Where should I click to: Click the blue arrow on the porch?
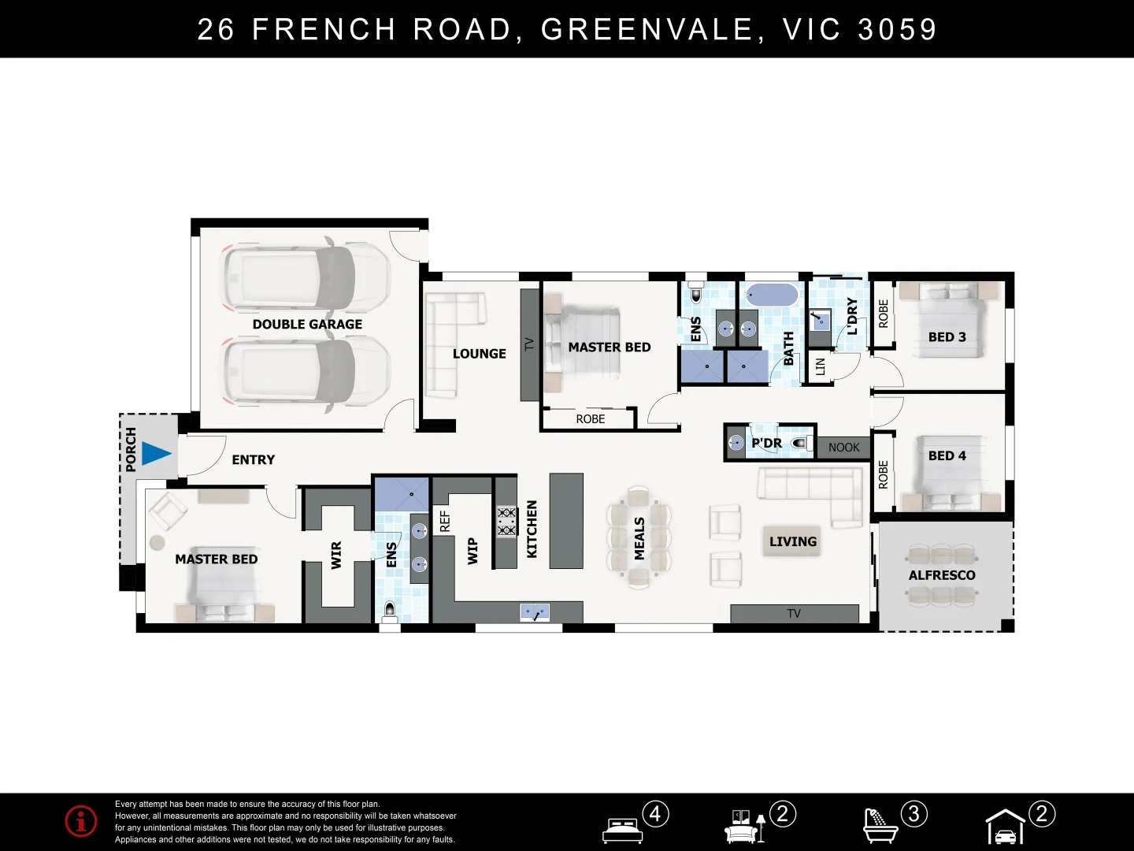(156, 454)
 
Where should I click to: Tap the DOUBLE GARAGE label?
(307, 324)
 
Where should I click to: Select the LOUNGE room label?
(479, 354)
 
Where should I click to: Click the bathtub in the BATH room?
(772, 295)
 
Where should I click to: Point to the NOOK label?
(843, 448)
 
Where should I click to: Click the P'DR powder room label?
(766, 443)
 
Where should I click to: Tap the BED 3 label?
(947, 337)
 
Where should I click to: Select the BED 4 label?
(947, 455)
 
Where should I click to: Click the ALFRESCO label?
(942, 575)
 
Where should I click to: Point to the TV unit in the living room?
(794, 614)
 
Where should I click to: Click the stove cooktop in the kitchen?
(506, 521)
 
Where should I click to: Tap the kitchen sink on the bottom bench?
(535, 612)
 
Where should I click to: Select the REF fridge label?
(444, 521)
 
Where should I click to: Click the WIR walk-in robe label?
(336, 556)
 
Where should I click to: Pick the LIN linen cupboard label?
(820, 366)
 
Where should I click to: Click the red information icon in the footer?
(81, 821)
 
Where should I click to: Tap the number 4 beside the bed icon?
(655, 813)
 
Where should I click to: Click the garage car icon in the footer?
(1006, 828)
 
